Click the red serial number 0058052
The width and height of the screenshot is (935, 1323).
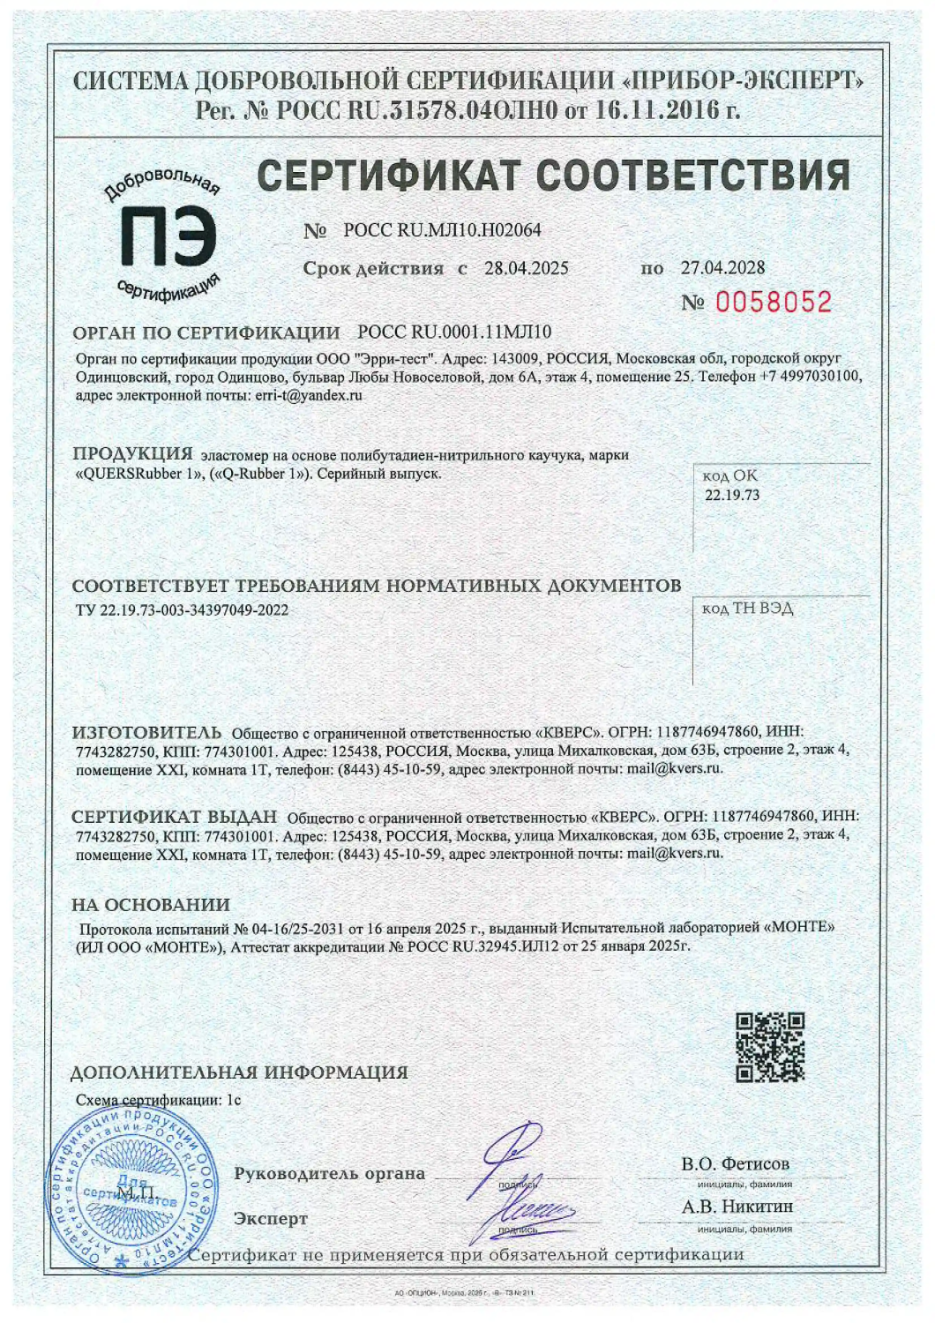coord(773,303)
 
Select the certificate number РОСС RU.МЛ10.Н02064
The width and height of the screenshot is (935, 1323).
coord(442,230)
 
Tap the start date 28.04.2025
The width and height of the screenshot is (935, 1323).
coord(526,268)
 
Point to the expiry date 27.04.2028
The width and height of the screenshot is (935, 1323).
coord(722,267)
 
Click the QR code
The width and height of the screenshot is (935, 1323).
coord(770,1047)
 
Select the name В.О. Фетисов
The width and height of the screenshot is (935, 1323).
coord(736,1163)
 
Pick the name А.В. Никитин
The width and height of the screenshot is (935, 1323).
coord(737,1206)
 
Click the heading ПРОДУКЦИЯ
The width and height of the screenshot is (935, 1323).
coord(132,453)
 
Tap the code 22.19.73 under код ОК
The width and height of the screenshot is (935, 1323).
coord(732,495)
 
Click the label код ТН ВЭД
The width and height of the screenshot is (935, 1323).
coord(747,609)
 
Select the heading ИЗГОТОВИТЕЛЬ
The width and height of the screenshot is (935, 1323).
coord(146,732)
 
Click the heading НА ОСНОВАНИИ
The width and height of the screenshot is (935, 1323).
coord(151,905)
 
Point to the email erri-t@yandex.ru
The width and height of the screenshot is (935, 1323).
coord(309,395)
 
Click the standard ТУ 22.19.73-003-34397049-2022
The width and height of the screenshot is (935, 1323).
coord(183,609)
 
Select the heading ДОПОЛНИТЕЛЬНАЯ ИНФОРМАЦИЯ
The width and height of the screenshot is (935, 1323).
coord(239,1073)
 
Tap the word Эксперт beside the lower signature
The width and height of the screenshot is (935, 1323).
coord(271,1218)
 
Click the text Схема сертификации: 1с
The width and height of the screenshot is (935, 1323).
coord(158,1100)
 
